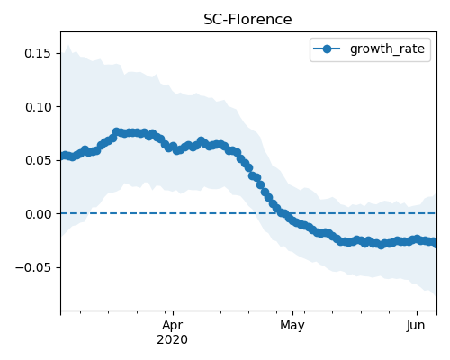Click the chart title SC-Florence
click(247, 20)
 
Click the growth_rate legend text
click(387, 49)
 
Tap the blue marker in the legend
click(327, 49)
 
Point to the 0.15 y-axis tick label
click(38, 53)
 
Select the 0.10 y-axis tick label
click(38, 107)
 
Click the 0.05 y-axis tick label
click(38, 160)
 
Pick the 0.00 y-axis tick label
click(38, 214)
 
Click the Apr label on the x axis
click(173, 326)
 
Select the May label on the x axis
click(292, 326)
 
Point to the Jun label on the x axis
click(416, 325)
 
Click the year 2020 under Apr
click(173, 339)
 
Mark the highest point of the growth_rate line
click(116, 131)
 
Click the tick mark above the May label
click(292, 313)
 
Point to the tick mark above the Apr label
click(173, 313)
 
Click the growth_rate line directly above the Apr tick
click(173, 147)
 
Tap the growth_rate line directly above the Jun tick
click(417, 238)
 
